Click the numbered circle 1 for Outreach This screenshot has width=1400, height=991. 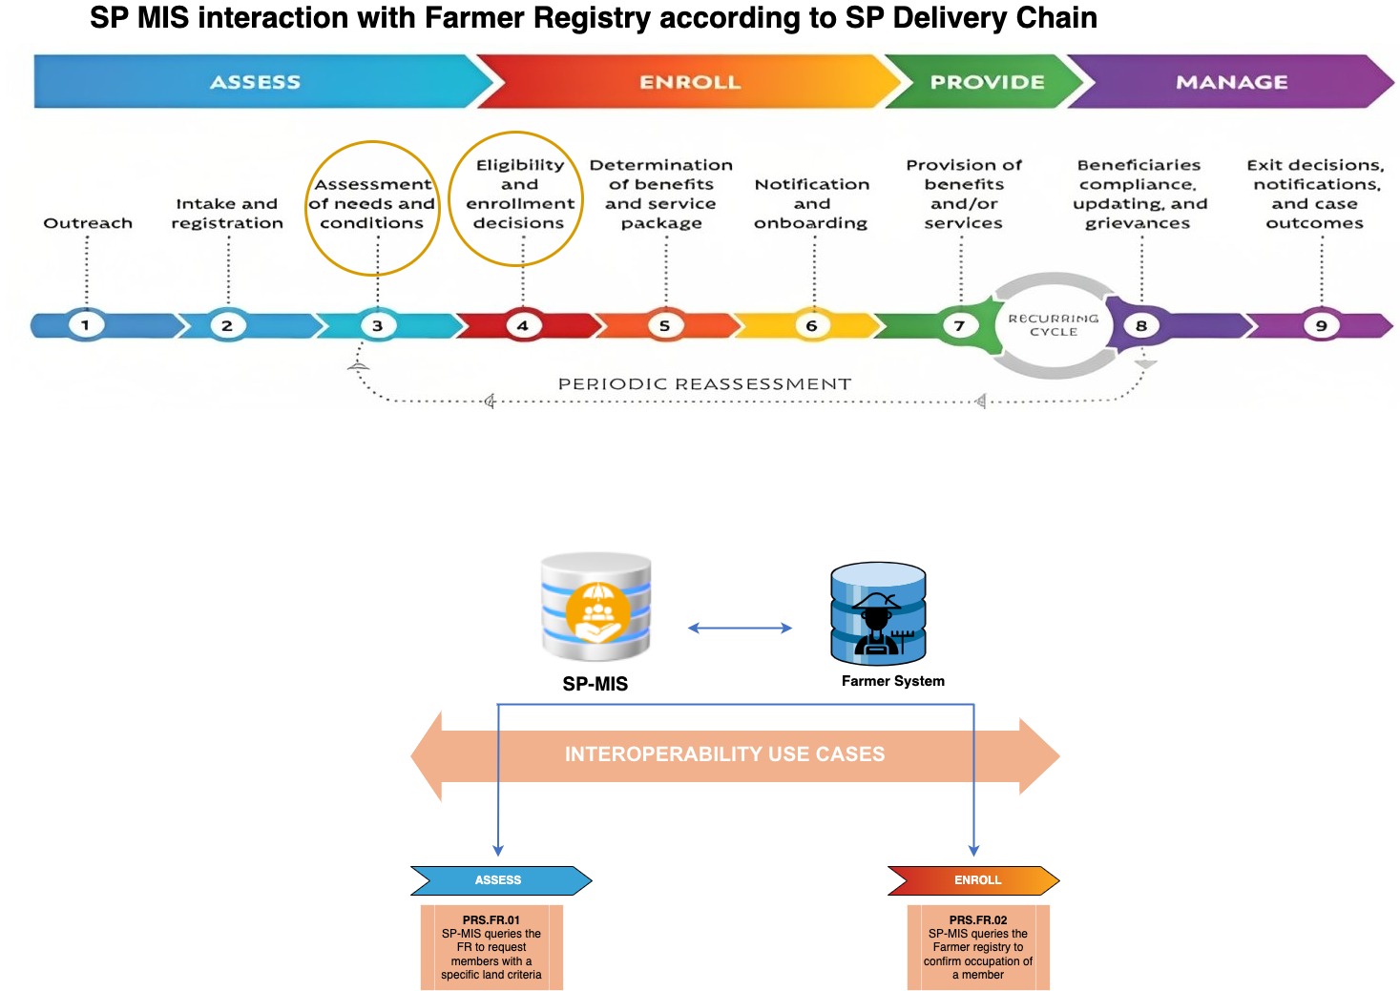86,325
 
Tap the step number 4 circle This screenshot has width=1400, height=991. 522,325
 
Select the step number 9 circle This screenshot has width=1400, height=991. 1322,325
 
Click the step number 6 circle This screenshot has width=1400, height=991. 811,325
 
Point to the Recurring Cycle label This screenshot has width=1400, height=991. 1054,325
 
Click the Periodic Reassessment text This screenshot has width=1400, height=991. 704,383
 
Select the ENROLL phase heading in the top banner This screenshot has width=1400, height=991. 689,82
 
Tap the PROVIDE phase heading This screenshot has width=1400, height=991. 987,82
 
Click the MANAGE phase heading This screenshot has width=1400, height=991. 1231,82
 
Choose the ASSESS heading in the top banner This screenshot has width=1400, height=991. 255,82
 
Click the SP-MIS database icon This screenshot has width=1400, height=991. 596,608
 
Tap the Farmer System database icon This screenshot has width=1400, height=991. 878,614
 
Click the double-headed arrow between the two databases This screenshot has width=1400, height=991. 740,628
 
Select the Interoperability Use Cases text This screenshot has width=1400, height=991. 724,754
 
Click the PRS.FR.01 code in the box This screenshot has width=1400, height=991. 491,920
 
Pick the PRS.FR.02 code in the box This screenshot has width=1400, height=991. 977,920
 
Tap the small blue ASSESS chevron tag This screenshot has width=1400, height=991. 498,880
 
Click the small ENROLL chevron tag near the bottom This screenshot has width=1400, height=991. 977,880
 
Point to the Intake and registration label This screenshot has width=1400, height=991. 227,214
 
